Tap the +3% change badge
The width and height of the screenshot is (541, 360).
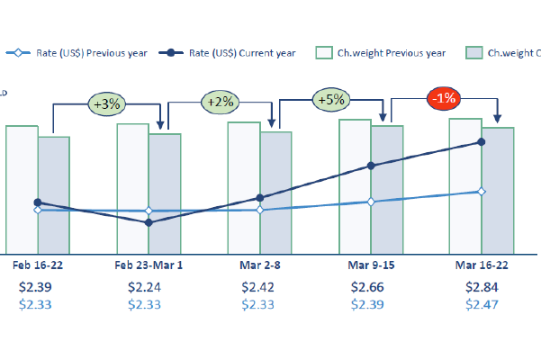[x=108, y=104]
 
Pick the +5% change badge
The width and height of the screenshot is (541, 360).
[x=330, y=100]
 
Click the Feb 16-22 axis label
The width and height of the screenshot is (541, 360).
[x=38, y=266]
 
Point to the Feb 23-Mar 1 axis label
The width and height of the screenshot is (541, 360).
[x=149, y=266]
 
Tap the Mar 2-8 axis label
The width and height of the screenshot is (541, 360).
[x=260, y=266]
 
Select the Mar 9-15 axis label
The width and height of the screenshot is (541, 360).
[x=371, y=266]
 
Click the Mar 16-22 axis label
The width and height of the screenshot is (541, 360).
[x=481, y=266]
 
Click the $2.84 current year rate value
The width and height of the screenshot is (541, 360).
[x=481, y=287]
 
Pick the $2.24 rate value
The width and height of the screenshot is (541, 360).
[x=149, y=287]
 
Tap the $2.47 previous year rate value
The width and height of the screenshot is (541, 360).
[x=481, y=305]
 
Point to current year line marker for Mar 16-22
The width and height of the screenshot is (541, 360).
[x=482, y=142]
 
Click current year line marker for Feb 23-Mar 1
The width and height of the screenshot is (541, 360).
[x=149, y=222]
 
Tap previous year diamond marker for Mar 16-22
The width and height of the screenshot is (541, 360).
[x=482, y=192]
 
